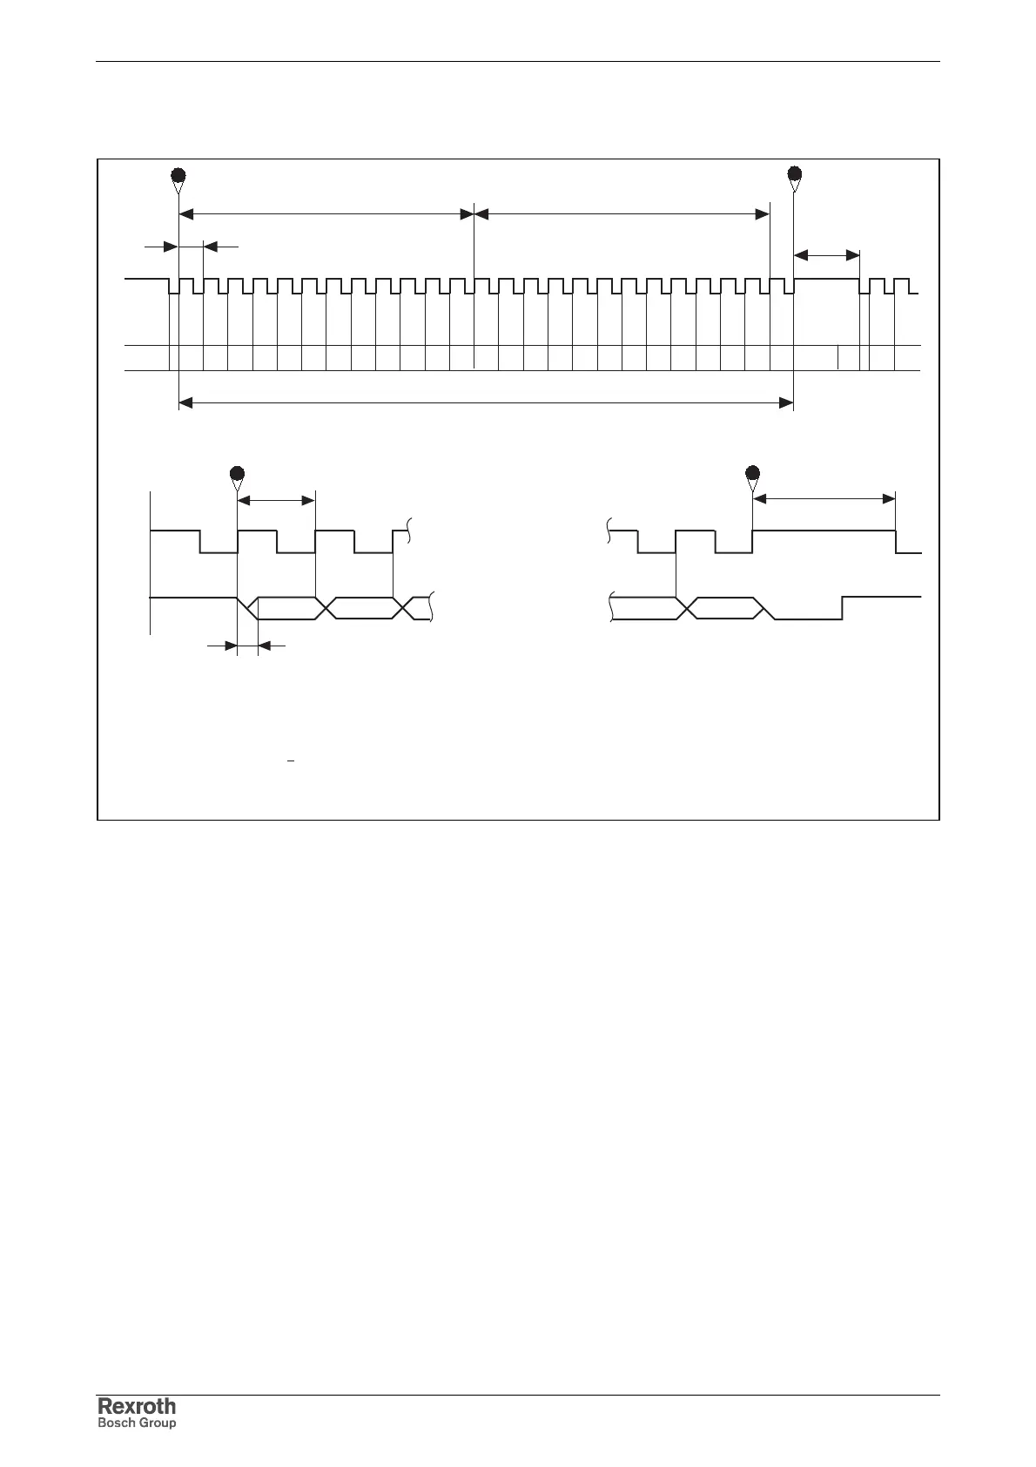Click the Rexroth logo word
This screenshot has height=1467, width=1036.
pyautogui.click(x=137, y=1406)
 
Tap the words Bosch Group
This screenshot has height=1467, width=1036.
pyautogui.click(x=137, y=1423)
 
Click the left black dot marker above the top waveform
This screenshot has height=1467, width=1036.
pyautogui.click(x=178, y=172)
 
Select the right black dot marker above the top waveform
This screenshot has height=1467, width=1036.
pyautogui.click(x=794, y=172)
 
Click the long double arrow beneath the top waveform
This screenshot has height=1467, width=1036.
pyautogui.click(x=486, y=402)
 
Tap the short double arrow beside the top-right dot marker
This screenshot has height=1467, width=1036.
pyautogui.click(x=827, y=254)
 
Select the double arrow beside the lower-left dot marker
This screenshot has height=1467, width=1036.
pyautogui.click(x=276, y=500)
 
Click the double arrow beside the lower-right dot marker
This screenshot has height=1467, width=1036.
pyautogui.click(x=824, y=499)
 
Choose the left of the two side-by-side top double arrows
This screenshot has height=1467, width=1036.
pyautogui.click(x=326, y=213)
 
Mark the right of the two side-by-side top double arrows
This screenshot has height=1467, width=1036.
pyautogui.click(x=622, y=213)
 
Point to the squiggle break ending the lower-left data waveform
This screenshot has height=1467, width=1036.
pyautogui.click(x=433, y=607)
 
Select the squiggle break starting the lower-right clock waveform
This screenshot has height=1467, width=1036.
pyautogui.click(x=609, y=530)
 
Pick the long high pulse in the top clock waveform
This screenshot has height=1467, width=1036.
pyautogui.click(x=827, y=279)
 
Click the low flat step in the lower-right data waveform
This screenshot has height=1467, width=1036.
pyautogui.click(x=808, y=619)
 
